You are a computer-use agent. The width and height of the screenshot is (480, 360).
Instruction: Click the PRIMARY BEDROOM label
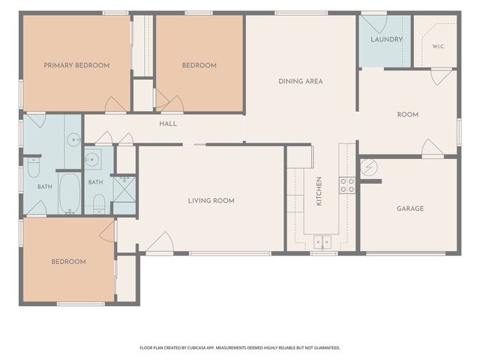click(76, 65)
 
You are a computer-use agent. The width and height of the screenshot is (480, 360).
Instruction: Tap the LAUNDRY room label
click(386, 39)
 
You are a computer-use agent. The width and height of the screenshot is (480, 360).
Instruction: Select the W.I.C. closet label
click(438, 46)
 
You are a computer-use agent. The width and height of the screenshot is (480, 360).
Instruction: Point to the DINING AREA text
click(300, 81)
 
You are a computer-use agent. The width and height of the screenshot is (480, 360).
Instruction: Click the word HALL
click(168, 124)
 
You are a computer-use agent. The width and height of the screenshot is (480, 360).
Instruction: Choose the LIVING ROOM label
click(211, 201)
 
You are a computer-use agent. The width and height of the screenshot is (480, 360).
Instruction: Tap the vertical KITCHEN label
click(319, 191)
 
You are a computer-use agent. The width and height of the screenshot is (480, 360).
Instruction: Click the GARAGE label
click(410, 208)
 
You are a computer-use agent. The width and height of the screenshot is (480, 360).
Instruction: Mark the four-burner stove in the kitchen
click(347, 185)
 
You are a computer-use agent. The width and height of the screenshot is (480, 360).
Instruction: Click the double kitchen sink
click(322, 242)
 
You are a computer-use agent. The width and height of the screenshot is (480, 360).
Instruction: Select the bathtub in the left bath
click(70, 193)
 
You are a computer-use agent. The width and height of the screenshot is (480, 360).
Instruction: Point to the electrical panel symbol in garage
click(369, 167)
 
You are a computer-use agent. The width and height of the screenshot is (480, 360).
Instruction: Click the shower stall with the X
click(124, 189)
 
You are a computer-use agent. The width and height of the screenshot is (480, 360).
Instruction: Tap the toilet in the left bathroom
click(33, 167)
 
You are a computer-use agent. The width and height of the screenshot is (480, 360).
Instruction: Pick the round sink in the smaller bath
click(91, 159)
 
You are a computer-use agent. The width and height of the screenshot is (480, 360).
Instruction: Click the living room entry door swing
click(160, 242)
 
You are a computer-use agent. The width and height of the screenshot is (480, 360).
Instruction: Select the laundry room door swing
click(375, 24)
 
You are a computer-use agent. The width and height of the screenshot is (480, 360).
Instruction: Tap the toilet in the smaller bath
click(99, 204)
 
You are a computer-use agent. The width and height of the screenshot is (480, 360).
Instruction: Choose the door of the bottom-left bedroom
click(107, 232)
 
